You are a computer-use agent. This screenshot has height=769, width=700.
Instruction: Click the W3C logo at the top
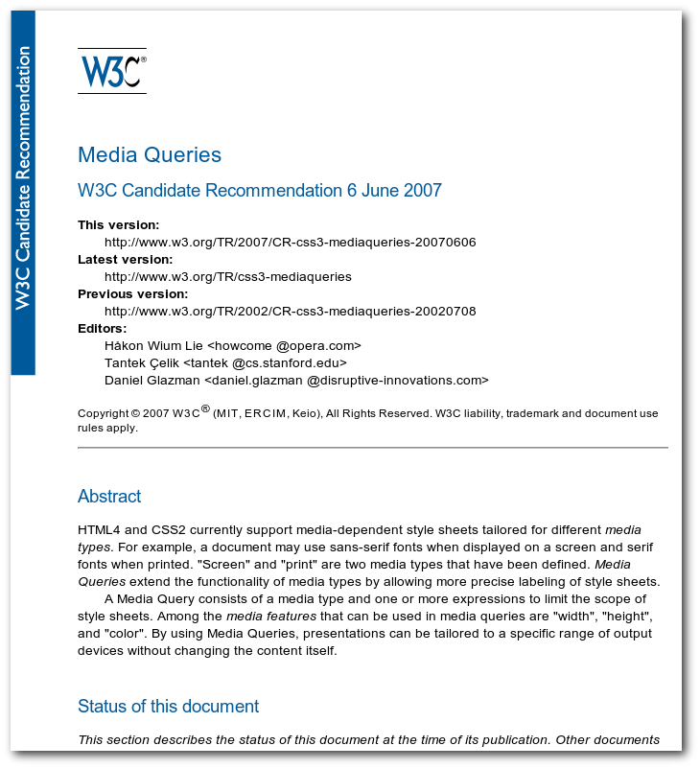112,71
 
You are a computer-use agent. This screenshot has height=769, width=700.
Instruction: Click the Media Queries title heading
150,155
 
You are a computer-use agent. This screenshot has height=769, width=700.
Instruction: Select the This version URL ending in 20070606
290,243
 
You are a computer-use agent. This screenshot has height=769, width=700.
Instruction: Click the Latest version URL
227,277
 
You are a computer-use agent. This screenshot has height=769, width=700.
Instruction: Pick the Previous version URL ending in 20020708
290,312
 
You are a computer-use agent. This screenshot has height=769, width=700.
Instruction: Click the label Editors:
102,329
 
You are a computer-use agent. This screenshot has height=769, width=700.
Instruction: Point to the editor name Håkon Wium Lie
153,346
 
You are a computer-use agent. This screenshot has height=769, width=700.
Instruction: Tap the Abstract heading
109,497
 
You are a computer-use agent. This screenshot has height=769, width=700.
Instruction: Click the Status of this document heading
168,707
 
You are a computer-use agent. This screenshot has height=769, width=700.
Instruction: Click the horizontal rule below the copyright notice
372,448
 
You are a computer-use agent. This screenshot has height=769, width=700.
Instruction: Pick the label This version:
118,225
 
